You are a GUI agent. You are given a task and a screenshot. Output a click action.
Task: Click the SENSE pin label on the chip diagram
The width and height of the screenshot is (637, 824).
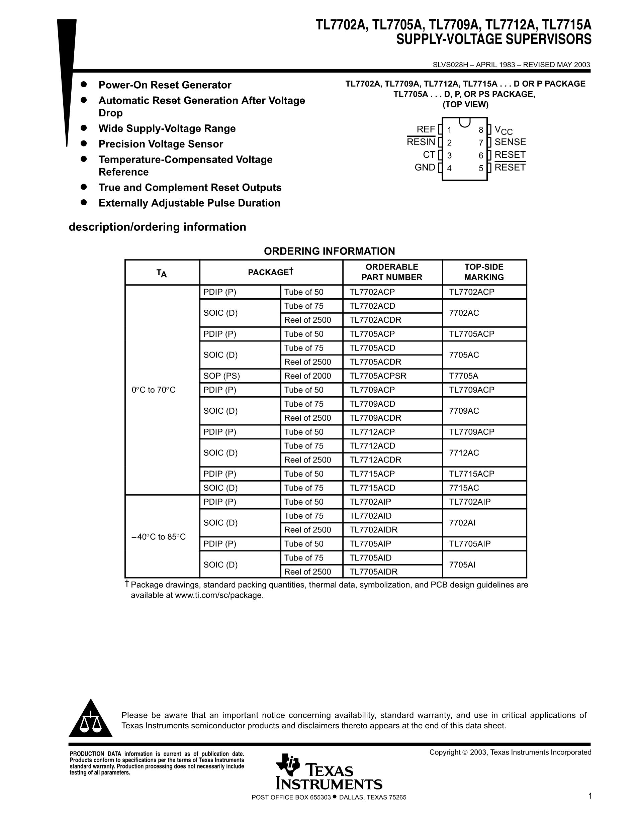[510, 142]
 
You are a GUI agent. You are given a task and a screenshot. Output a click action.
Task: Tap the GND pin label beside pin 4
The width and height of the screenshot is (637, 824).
[425, 167]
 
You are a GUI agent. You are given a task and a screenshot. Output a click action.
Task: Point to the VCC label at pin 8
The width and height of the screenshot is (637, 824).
[504, 130]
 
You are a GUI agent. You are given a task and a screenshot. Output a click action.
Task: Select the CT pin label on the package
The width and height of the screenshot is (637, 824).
[429, 155]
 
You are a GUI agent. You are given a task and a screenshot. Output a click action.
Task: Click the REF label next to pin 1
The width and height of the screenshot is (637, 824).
[426, 129]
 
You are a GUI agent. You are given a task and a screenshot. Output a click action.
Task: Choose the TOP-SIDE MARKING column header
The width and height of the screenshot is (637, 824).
[484, 272]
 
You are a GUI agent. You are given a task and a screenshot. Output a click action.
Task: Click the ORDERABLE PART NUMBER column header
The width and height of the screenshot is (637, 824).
[392, 272]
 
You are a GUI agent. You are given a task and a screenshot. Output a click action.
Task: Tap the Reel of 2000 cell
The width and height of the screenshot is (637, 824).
[307, 376]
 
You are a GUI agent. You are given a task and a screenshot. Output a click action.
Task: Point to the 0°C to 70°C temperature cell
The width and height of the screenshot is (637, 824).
[154, 390]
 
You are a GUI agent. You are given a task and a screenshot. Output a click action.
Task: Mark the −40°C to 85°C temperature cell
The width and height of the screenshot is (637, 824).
[159, 536]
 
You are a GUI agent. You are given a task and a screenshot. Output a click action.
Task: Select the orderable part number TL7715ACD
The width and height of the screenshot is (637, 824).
[372, 488]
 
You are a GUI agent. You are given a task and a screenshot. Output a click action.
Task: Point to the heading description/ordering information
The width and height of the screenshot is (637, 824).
[157, 227]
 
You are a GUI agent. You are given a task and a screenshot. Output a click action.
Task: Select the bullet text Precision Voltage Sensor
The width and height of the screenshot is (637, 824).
[161, 144]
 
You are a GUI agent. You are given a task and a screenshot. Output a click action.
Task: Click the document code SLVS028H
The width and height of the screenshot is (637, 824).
[450, 65]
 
